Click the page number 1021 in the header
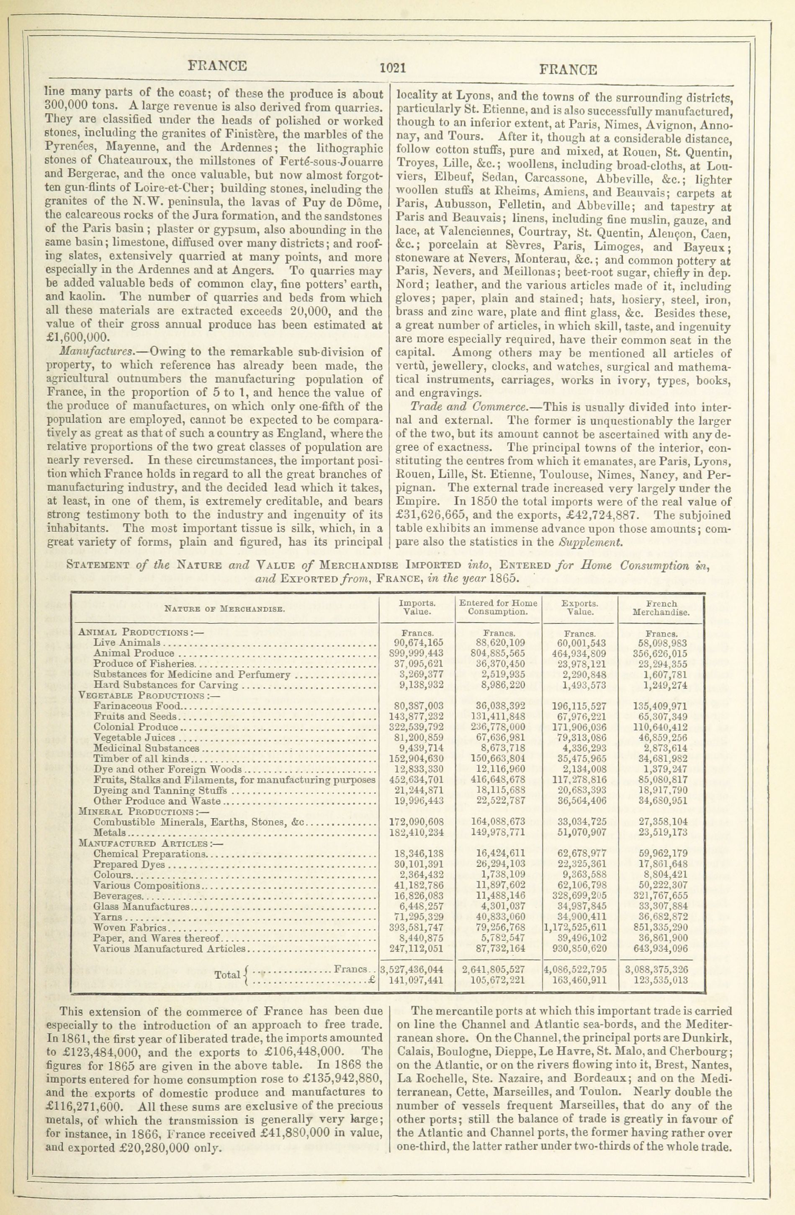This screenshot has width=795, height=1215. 392,68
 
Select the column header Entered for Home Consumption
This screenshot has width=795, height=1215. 498,607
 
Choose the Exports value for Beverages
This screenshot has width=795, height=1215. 578,895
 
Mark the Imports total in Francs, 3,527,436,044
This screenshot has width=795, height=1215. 412,969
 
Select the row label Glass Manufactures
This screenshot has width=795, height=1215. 142,907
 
